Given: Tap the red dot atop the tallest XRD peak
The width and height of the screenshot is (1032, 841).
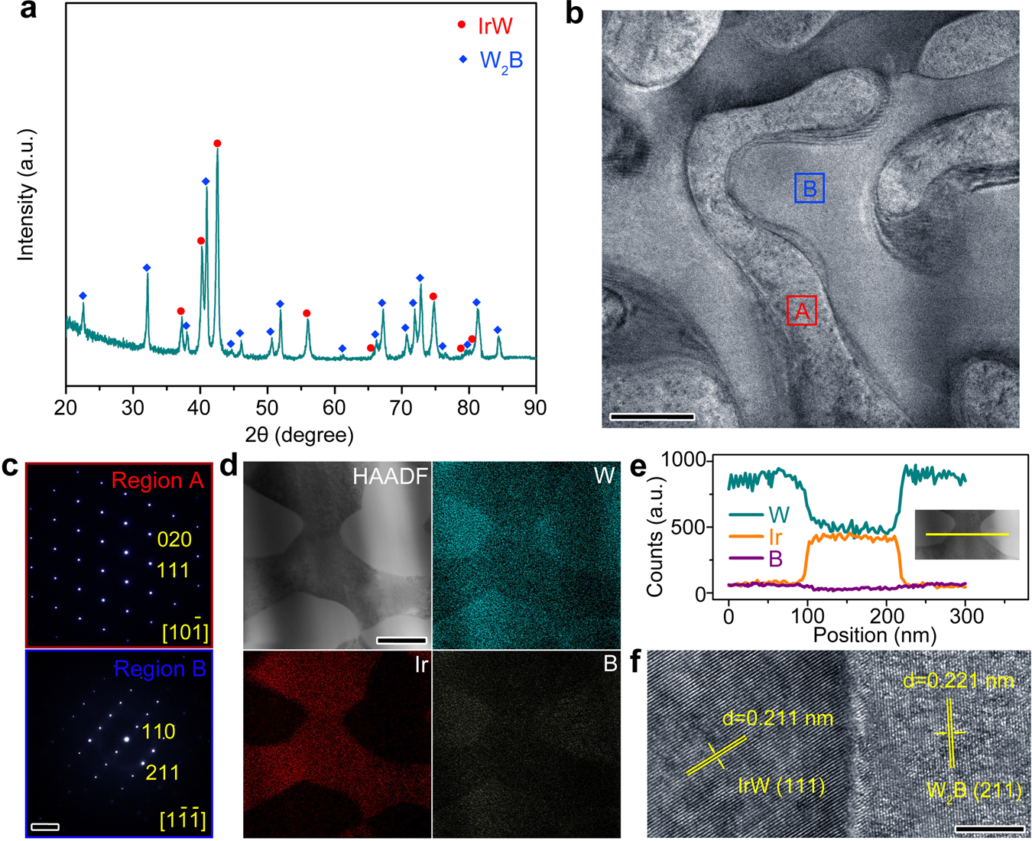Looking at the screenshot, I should (218, 144).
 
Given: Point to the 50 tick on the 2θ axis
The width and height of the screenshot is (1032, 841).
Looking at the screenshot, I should (267, 408).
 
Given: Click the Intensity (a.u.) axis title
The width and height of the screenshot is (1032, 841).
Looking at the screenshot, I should (27, 195).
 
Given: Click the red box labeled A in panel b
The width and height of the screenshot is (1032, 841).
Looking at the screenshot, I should (802, 310).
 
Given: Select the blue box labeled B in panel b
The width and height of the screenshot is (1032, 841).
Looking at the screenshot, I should (809, 187).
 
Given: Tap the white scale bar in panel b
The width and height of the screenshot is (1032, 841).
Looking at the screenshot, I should (652, 417).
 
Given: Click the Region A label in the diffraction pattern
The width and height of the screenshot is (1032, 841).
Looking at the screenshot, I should (157, 480).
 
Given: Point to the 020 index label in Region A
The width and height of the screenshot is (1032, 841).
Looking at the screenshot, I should (174, 540).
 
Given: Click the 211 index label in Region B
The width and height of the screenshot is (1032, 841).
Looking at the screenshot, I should (162, 772).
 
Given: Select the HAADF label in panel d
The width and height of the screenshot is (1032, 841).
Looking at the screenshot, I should (390, 477).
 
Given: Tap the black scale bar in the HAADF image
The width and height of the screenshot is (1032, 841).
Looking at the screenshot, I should (401, 640).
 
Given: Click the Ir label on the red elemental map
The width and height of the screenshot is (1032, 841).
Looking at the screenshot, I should (420, 664).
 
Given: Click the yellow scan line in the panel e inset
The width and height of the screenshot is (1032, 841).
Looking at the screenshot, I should (967, 534).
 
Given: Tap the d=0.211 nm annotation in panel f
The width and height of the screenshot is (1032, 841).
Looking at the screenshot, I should (777, 719).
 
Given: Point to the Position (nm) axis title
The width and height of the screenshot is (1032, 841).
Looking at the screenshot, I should (875, 635).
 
